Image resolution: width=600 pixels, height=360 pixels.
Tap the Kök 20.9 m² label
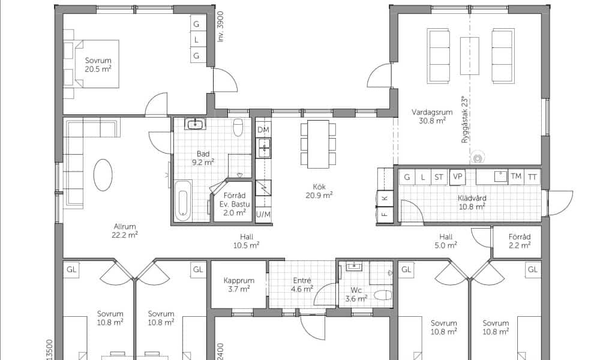click(319, 191)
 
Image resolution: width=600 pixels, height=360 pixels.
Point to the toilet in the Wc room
click(383, 295)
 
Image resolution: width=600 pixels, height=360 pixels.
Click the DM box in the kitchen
click(263, 130)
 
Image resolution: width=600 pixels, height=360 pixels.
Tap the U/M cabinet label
click(263, 214)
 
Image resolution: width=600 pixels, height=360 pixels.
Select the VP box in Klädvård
click(457, 177)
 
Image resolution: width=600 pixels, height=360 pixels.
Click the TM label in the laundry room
click(516, 176)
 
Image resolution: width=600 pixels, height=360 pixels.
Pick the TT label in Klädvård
click(532, 177)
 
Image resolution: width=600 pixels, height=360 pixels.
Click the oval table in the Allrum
click(103, 175)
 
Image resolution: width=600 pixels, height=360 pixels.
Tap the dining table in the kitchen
click(319, 144)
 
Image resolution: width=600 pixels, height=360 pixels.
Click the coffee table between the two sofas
click(470, 56)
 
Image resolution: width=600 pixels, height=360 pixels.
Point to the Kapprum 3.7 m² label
click(239, 284)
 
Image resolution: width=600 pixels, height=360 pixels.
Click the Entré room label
click(302, 280)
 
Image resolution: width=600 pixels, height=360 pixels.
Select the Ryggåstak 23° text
click(464, 120)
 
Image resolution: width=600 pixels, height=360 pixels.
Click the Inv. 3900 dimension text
click(220, 26)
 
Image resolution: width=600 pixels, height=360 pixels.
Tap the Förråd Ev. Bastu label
click(235, 200)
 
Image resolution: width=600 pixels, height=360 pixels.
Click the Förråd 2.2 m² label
click(519, 241)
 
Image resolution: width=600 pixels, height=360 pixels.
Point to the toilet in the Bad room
click(238, 127)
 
